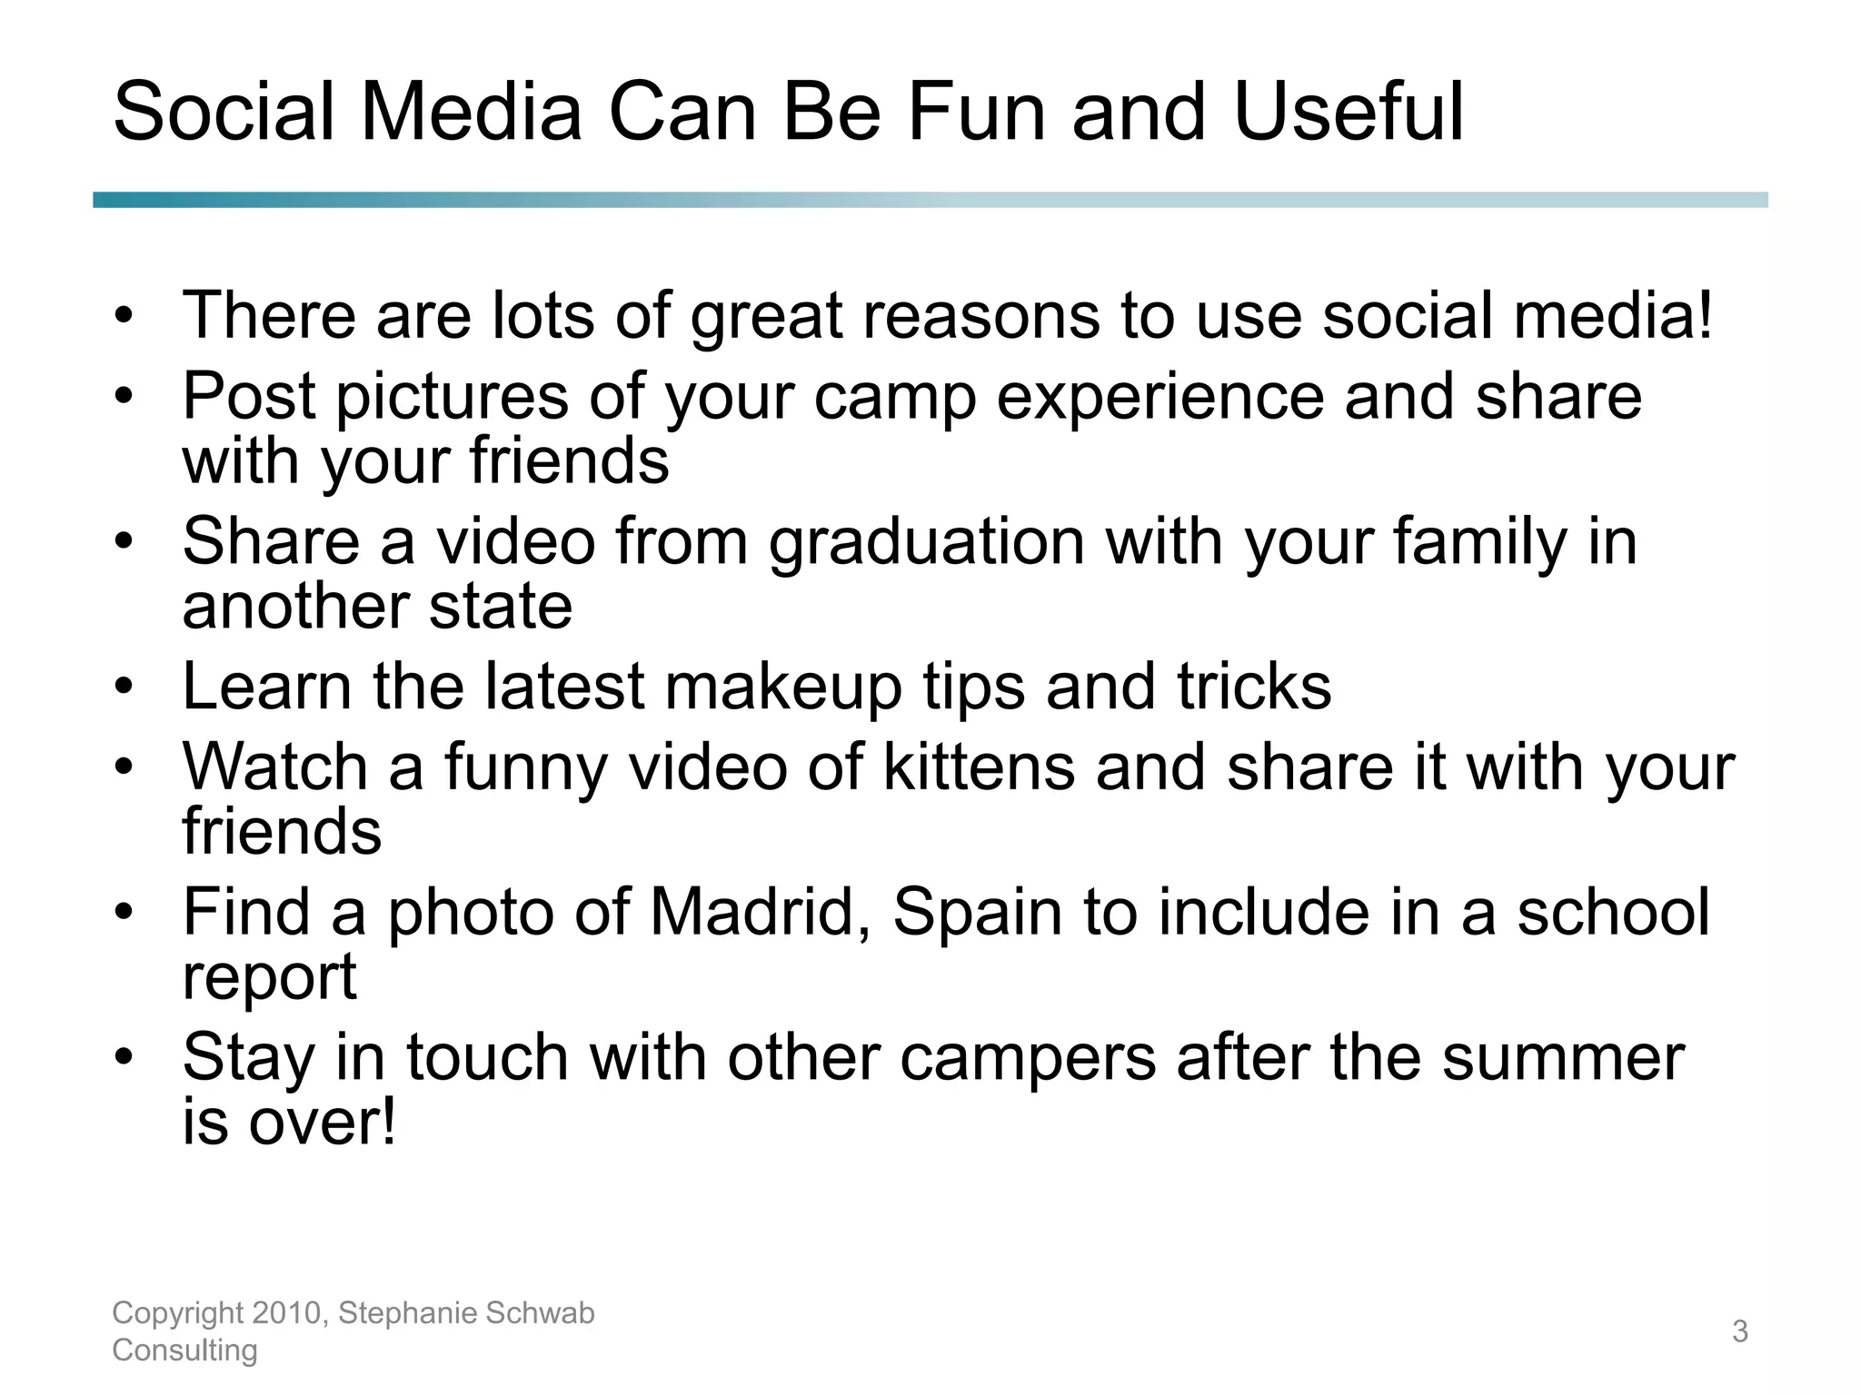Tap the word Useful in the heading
pyautogui.click(x=1348, y=113)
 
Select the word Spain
pyautogui.click(x=978, y=912)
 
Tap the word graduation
pyautogui.click(x=927, y=543)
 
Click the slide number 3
pyautogui.click(x=1739, y=1331)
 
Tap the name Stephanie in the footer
pyautogui.click(x=408, y=1313)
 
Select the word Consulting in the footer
pyautogui.click(x=184, y=1350)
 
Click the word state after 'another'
pyautogui.click(x=501, y=607)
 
